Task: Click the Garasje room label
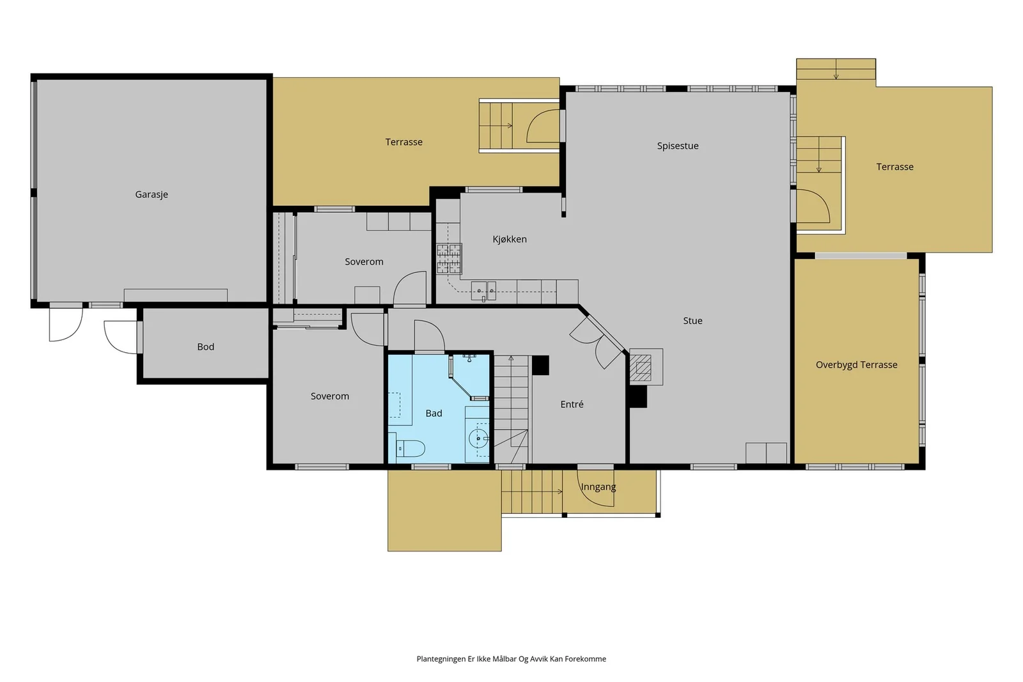click(x=152, y=194)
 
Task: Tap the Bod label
click(x=205, y=347)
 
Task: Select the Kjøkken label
click(x=510, y=239)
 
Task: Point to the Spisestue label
click(x=678, y=146)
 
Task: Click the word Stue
click(x=693, y=321)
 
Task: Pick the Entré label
click(x=572, y=405)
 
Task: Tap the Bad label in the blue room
click(x=434, y=414)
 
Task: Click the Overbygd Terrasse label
click(x=857, y=365)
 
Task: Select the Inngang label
click(x=598, y=487)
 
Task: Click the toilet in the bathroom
click(x=410, y=448)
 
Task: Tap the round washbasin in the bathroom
click(x=479, y=438)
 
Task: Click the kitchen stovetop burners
click(x=449, y=259)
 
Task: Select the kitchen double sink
click(x=483, y=290)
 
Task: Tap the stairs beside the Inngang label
click(x=532, y=492)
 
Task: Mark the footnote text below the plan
click(x=511, y=659)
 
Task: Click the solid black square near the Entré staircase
click(x=541, y=365)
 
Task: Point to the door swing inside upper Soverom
click(x=410, y=288)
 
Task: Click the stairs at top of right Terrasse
click(x=836, y=69)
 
